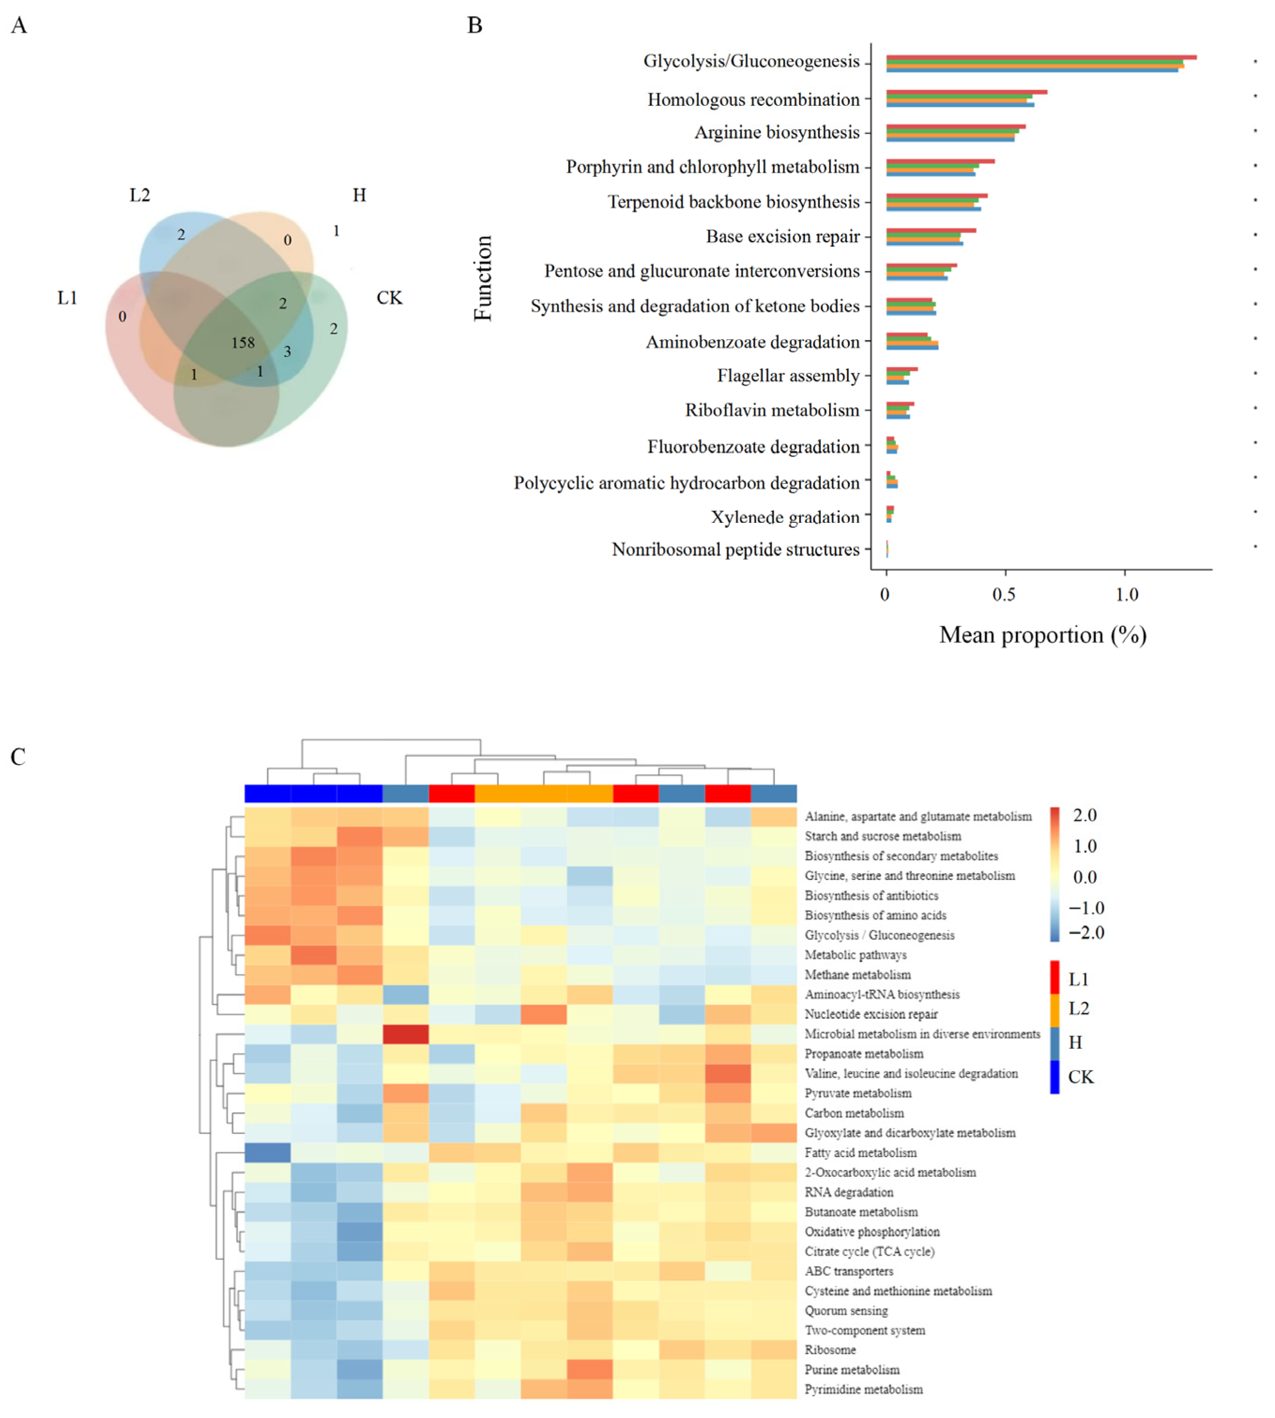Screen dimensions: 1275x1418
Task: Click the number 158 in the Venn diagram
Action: click(x=243, y=342)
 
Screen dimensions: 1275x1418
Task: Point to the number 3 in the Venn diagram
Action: click(x=287, y=351)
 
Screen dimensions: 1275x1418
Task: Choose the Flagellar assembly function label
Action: click(x=788, y=376)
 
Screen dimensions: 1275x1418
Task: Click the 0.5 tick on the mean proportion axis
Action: click(x=1004, y=594)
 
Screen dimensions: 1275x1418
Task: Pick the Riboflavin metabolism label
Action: click(x=772, y=410)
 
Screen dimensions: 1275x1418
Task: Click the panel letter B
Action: click(x=474, y=25)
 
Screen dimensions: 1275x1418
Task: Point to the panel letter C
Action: click(x=18, y=757)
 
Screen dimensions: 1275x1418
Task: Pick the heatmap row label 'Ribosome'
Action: click(x=830, y=1350)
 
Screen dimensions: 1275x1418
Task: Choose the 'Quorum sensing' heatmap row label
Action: click(x=846, y=1311)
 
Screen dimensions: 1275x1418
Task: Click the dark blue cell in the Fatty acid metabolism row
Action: click(x=268, y=1152)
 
